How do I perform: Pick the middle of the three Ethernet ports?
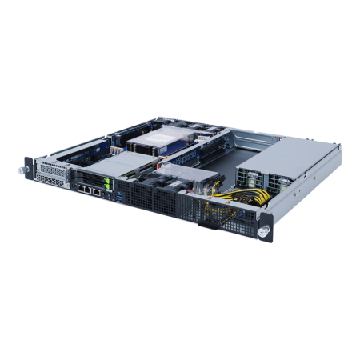(87, 192)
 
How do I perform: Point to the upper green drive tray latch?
(106, 185)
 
